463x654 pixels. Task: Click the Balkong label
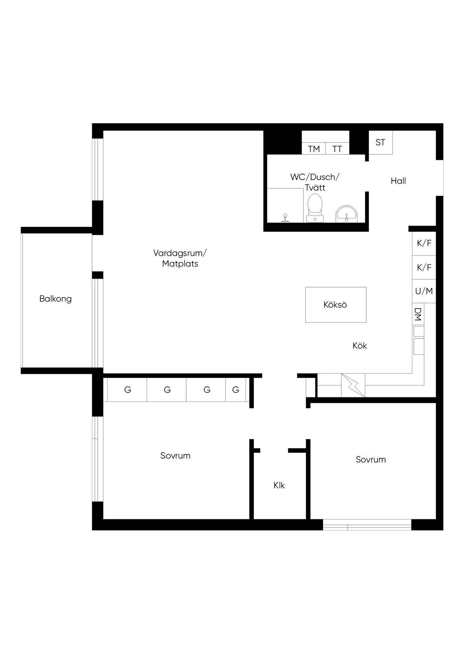56,299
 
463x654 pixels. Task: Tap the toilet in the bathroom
315,208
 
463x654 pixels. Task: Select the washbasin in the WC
347,214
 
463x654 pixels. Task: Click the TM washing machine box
314,149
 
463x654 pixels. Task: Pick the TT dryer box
337,149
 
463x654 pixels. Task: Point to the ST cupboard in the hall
381,142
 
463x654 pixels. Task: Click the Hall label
398,181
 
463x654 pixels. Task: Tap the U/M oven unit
424,291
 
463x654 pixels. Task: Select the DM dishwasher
418,314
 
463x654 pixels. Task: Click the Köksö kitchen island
336,305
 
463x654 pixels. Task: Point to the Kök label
360,346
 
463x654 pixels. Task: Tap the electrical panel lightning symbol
353,385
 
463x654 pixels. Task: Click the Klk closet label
279,485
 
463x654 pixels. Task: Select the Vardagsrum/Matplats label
180,258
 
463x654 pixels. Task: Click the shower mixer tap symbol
285,218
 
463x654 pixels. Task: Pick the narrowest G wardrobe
236,390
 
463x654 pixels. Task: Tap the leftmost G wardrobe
127,390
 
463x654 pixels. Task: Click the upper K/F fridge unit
424,243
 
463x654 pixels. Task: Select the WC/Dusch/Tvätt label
315,182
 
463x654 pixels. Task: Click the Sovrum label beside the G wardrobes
175,456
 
